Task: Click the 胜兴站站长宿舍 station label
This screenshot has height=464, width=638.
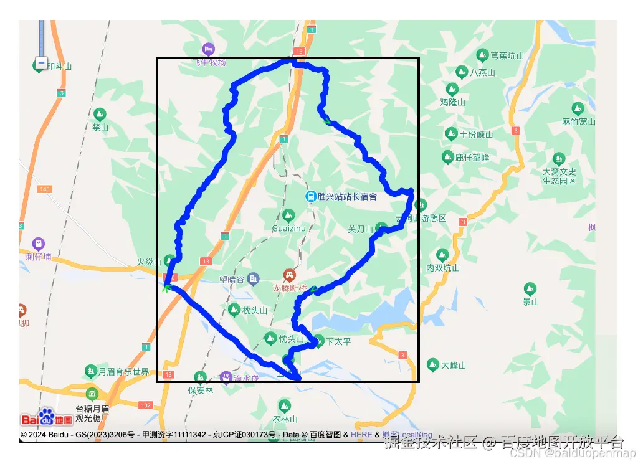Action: pos(346,197)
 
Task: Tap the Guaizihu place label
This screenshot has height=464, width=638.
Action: pos(289,228)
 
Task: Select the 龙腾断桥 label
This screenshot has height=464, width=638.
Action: pos(290,288)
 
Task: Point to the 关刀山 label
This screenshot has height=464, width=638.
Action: pos(360,229)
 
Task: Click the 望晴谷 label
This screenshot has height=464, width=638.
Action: pos(232,280)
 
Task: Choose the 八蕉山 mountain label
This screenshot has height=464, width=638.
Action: pos(482,72)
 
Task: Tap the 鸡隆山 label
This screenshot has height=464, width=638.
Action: pos(453,102)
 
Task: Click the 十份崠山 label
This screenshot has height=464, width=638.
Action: pos(476,134)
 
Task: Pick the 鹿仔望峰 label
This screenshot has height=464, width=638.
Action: pos(472,158)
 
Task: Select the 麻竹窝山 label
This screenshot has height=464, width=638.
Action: pos(579,121)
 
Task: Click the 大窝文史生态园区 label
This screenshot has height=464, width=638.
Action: pos(559,176)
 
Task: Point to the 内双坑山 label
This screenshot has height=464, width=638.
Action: pos(442,268)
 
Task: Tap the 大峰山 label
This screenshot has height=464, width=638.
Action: pos(454,365)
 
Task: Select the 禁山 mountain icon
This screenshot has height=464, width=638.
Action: pos(100,115)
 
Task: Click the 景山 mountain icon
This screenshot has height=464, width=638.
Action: pos(530,289)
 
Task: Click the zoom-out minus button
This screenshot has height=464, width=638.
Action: pos(41,63)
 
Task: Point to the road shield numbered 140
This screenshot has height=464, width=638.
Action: pos(45,189)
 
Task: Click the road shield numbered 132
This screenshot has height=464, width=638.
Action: pos(146,405)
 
